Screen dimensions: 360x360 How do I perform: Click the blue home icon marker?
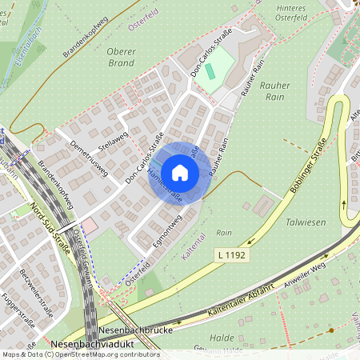click(180, 172)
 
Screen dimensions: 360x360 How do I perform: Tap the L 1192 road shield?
click(230, 254)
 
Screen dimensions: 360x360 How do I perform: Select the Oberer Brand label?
click(121, 57)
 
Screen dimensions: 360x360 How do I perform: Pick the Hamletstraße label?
click(163, 186)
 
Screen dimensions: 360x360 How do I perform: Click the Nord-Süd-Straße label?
click(49, 226)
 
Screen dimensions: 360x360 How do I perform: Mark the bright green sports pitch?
click(210, 70)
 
